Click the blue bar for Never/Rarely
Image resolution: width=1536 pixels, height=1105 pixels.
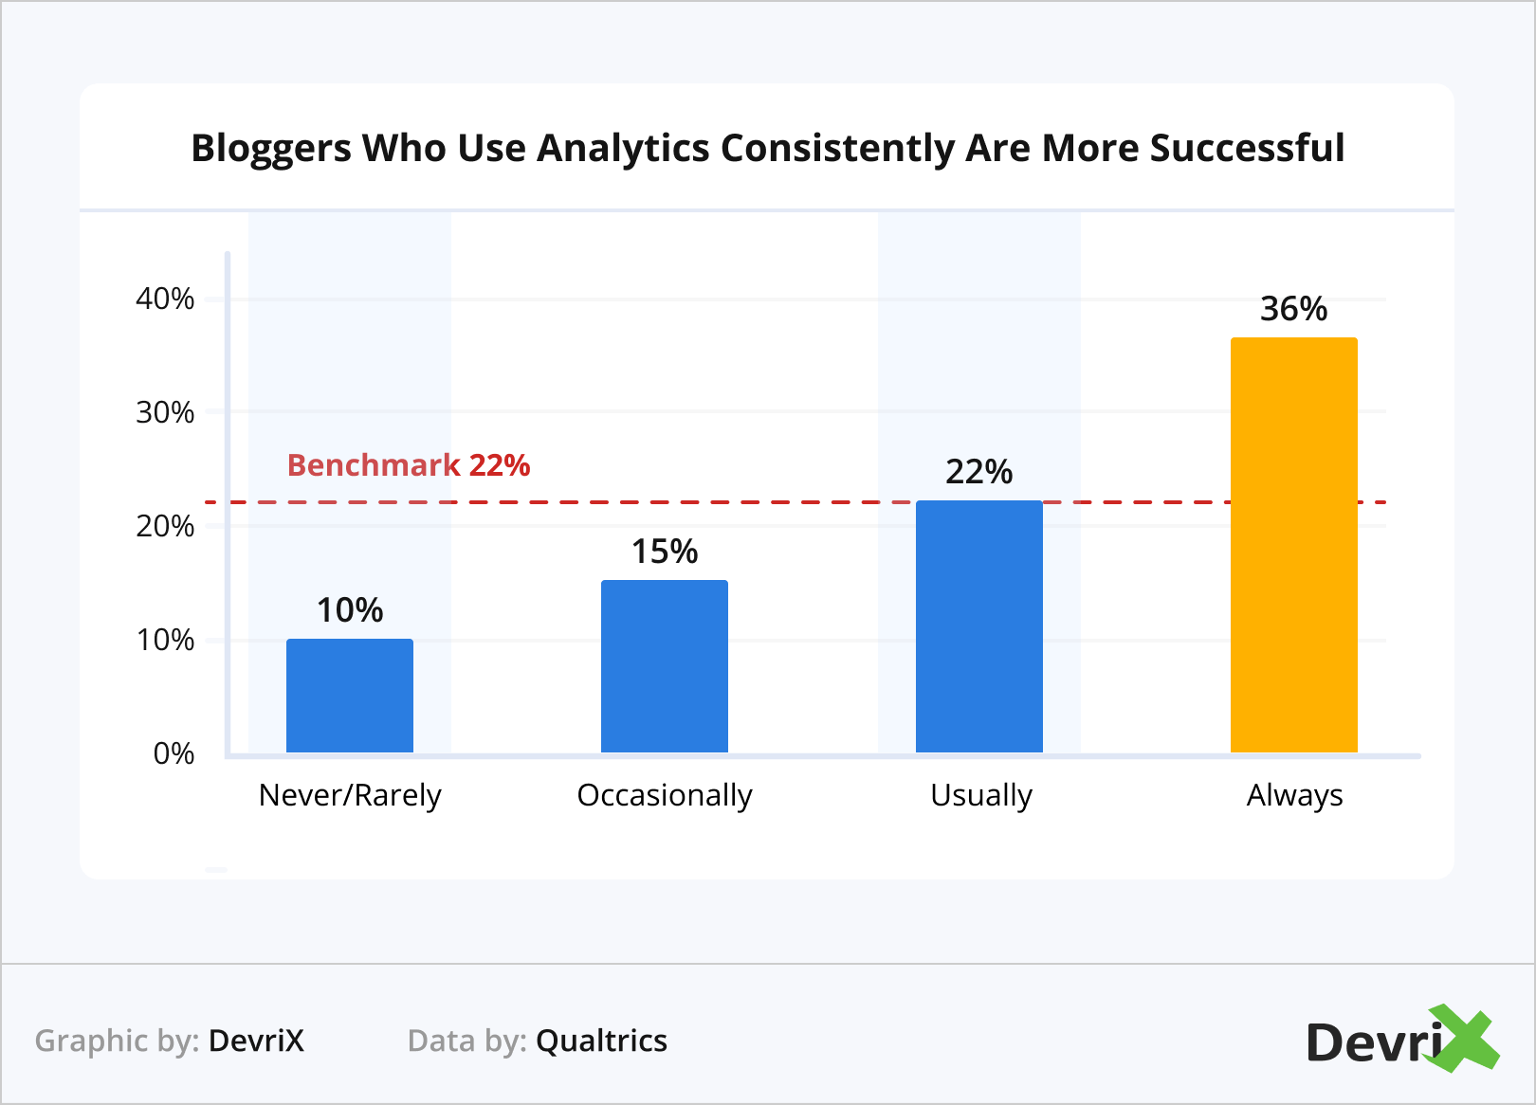pyautogui.click(x=350, y=696)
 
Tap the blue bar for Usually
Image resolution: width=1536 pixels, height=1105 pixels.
pyautogui.click(x=979, y=626)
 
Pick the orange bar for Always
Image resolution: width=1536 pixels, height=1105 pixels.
pyautogui.click(x=1294, y=545)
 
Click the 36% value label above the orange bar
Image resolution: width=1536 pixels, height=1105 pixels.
pyautogui.click(x=1293, y=309)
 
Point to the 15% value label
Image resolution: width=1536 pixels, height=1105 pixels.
pyautogui.click(x=665, y=552)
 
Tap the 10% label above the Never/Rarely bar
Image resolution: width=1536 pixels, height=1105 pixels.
pyautogui.click(x=350, y=610)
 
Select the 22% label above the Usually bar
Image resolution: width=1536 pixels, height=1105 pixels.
pyautogui.click(x=979, y=472)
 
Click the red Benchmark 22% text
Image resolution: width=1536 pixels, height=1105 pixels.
pyautogui.click(x=409, y=465)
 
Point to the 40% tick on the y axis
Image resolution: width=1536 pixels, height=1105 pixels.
pyautogui.click(x=165, y=299)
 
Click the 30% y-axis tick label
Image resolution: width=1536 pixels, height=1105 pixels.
pyautogui.click(x=165, y=413)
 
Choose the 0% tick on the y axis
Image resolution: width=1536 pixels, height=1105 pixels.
pyautogui.click(x=174, y=754)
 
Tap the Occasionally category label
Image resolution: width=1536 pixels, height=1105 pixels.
pyautogui.click(x=665, y=795)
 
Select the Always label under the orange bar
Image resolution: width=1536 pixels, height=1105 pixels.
pyautogui.click(x=1294, y=795)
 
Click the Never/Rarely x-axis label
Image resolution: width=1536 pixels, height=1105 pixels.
pyautogui.click(x=350, y=795)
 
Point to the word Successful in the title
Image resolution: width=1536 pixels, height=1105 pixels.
pyautogui.click(x=1247, y=149)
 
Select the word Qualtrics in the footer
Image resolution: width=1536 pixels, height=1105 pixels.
pyautogui.click(x=602, y=1041)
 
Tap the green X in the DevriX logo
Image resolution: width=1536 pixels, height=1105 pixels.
pyautogui.click(x=1465, y=1039)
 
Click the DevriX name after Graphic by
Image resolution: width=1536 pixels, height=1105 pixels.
pyautogui.click(x=256, y=1041)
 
